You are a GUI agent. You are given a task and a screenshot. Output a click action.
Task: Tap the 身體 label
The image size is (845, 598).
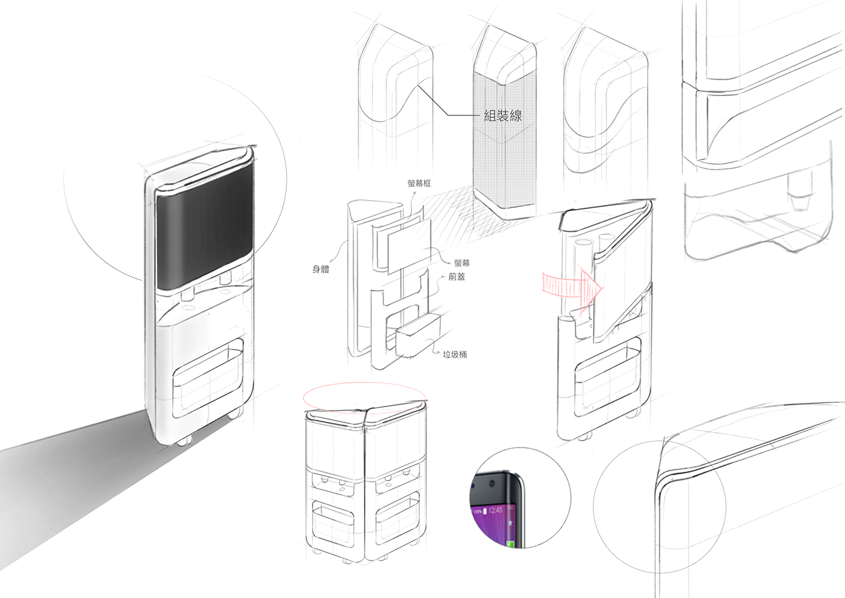click(321, 269)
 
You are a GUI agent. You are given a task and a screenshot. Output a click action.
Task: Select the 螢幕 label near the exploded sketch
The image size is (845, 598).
click(463, 263)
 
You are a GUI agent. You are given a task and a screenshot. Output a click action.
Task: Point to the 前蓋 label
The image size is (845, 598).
click(457, 277)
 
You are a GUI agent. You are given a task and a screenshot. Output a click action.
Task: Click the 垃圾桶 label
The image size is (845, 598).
click(454, 355)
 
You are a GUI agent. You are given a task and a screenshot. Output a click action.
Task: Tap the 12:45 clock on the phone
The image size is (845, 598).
click(496, 510)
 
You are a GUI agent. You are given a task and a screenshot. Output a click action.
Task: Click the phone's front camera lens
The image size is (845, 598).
click(494, 484)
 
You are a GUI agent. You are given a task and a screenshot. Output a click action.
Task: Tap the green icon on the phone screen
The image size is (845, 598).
click(511, 545)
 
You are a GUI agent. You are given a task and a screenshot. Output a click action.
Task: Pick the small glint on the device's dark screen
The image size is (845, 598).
click(177, 222)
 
